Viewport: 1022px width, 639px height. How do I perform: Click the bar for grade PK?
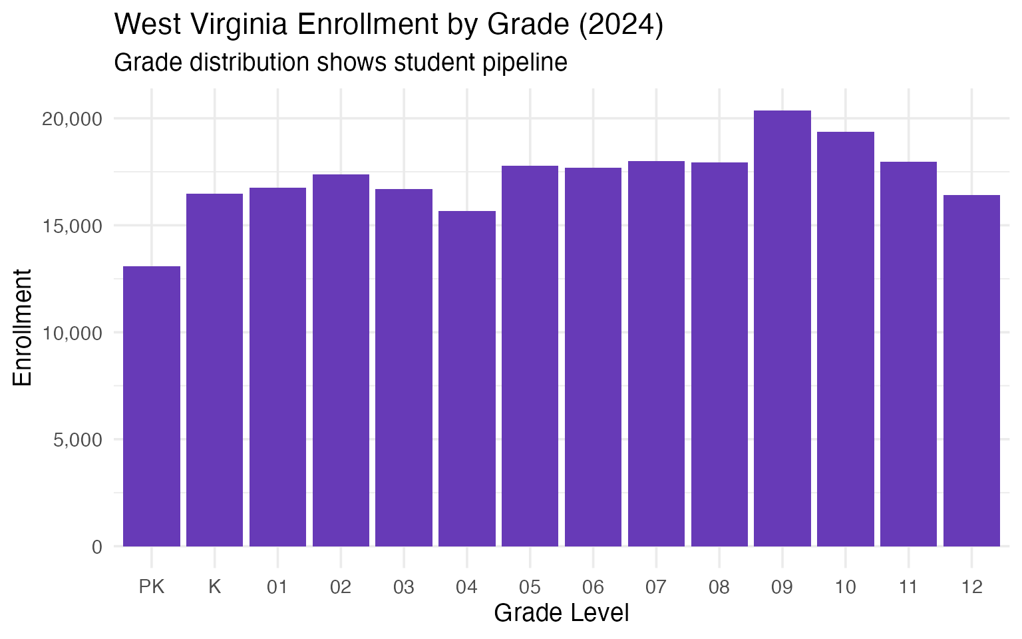point(152,406)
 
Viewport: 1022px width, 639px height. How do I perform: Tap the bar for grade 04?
point(467,379)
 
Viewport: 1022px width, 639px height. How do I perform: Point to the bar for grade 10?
point(846,339)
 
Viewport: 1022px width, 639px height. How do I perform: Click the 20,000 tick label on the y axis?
point(72,119)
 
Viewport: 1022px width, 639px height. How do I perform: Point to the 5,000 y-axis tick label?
point(77,440)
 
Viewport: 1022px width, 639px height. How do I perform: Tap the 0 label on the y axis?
point(97,547)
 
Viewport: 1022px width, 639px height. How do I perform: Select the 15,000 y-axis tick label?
point(72,226)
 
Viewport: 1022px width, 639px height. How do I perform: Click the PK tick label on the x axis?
point(152,587)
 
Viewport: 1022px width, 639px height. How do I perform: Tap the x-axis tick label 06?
point(593,587)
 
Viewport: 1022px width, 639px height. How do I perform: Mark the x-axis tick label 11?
point(908,587)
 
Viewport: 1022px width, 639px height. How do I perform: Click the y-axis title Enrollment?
point(23,327)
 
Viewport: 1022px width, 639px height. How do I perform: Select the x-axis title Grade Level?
point(562,613)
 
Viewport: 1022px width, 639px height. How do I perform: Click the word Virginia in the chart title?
point(239,25)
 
